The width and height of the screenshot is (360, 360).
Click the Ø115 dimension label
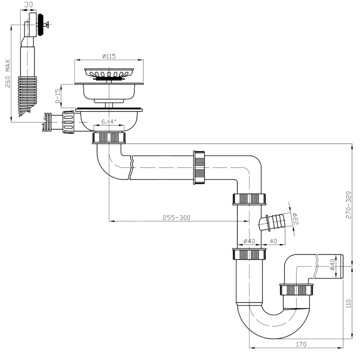(109, 56)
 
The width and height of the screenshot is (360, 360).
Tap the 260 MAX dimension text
(8, 73)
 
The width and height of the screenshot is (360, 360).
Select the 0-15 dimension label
(58, 96)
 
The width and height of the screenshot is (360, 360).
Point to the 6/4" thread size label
(109, 121)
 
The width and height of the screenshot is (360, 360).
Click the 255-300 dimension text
(176, 218)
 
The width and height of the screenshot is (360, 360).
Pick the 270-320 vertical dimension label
(348, 205)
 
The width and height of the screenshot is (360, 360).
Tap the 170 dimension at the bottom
(301, 344)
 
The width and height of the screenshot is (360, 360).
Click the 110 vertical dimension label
(348, 303)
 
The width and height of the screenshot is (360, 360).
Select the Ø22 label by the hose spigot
(295, 218)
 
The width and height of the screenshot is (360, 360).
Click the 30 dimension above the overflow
(28, 4)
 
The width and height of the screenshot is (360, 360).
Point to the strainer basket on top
(109, 73)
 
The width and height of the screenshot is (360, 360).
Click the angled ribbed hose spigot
(273, 223)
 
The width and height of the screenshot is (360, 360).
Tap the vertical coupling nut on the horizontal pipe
(199, 167)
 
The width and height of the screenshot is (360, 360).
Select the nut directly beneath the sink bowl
(109, 137)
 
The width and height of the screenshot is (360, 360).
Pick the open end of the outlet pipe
(342, 266)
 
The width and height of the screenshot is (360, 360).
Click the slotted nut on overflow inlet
(68, 122)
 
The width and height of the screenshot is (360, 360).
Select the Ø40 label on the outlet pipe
(333, 265)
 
